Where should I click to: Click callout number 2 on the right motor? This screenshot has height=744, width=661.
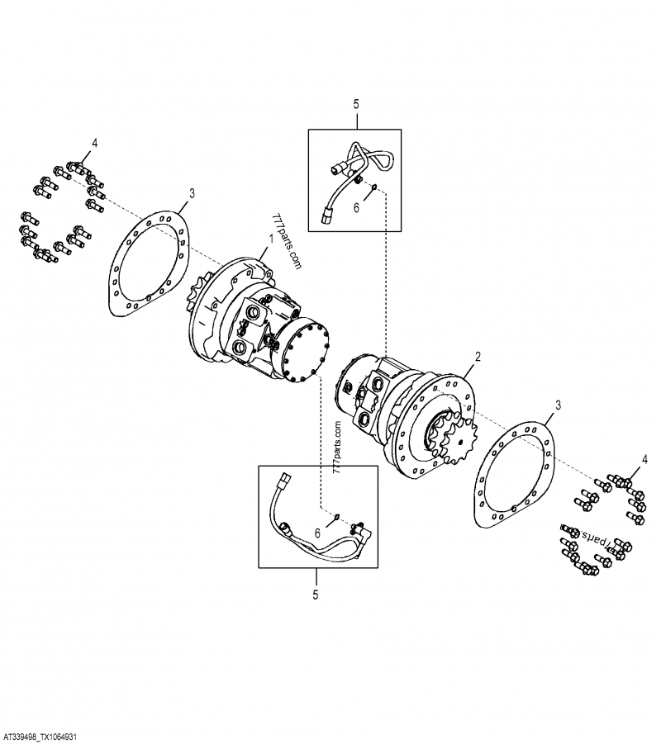click(477, 358)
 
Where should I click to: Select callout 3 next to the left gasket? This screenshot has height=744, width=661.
click(192, 193)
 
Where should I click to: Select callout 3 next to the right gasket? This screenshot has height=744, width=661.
click(559, 405)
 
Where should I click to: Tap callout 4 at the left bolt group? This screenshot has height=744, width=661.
click(95, 144)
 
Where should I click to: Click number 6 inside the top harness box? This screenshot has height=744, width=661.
click(357, 209)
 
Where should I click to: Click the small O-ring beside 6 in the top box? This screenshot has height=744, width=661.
click(373, 187)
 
